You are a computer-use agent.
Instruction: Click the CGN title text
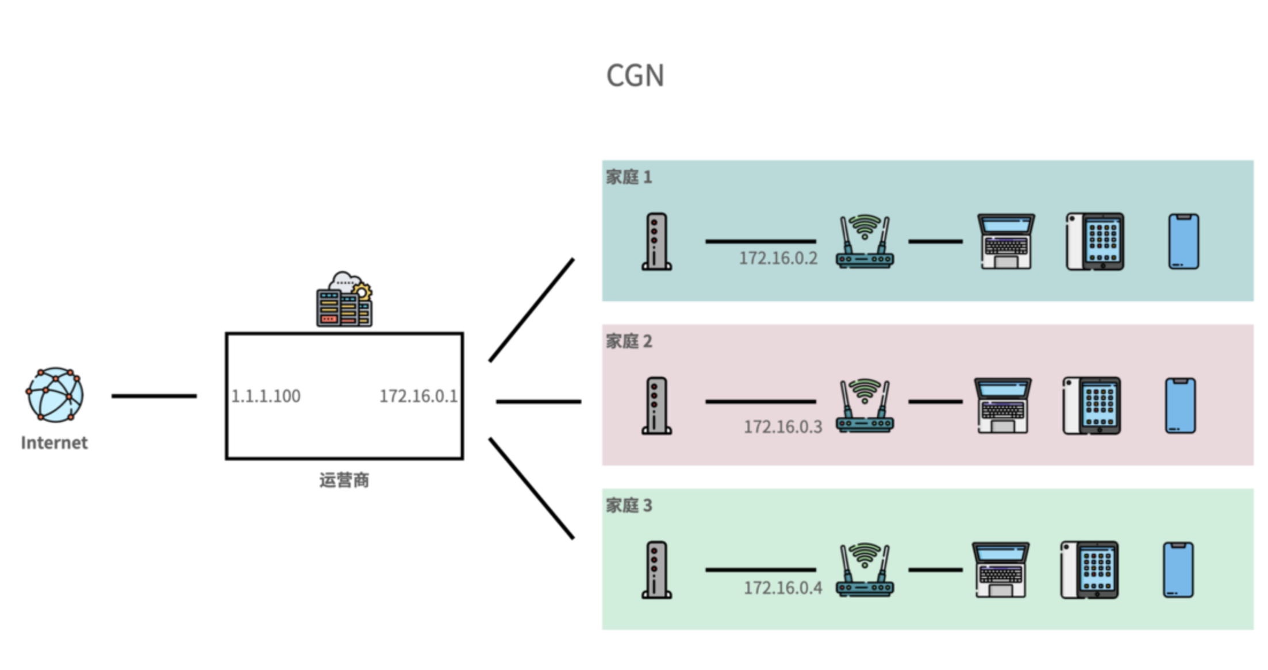click(635, 76)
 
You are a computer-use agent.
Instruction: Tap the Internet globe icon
click(55, 395)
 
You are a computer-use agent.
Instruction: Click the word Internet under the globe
click(55, 443)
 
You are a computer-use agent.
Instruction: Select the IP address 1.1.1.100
click(266, 396)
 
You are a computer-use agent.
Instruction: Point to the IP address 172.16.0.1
click(418, 396)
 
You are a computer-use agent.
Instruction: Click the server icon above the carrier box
click(344, 300)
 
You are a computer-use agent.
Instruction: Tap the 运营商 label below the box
click(344, 480)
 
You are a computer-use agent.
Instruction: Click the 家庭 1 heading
click(629, 177)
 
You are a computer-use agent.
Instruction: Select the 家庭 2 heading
click(629, 341)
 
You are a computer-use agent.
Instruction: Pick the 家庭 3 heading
click(629, 506)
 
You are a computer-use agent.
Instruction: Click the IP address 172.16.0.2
click(778, 259)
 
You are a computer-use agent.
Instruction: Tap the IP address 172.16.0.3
click(783, 427)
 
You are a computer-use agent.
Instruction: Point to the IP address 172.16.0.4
click(783, 588)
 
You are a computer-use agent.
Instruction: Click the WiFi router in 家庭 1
click(864, 242)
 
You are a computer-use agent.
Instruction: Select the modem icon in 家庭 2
click(656, 406)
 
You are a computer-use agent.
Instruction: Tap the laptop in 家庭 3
click(1000, 570)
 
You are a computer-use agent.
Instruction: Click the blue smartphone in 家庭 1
click(1184, 241)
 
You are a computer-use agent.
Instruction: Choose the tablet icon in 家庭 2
click(1092, 406)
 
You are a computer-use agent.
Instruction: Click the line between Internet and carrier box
click(154, 396)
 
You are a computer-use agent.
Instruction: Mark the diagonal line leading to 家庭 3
click(531, 488)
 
